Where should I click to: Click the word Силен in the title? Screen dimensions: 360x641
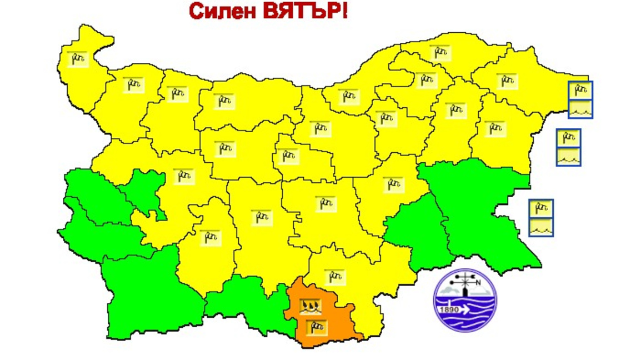(x=222, y=11)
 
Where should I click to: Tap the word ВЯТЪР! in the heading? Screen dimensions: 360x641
(x=305, y=11)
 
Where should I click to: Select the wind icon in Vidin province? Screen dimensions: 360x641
(x=78, y=58)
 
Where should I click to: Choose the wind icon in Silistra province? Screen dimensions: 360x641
(x=440, y=53)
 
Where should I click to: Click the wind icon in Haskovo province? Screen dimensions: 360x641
(x=334, y=276)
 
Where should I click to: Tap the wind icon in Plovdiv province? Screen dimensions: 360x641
(x=261, y=217)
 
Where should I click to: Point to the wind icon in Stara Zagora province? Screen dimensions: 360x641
(x=325, y=204)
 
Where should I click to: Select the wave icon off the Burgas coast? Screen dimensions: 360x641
(x=540, y=227)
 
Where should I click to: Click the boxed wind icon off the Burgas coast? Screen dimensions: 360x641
(x=540, y=209)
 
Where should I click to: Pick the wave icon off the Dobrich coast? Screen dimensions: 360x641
(x=580, y=108)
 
